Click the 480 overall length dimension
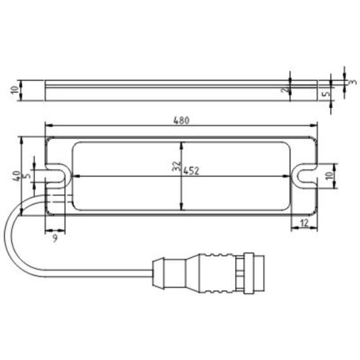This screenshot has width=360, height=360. coord(181,120)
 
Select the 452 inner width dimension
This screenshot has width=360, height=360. coord(191,170)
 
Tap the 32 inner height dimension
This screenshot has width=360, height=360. coord(175,167)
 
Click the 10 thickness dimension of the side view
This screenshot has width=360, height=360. coord(15,90)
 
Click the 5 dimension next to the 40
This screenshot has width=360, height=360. coord(27,175)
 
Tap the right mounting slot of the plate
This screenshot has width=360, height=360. coord(304,175)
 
